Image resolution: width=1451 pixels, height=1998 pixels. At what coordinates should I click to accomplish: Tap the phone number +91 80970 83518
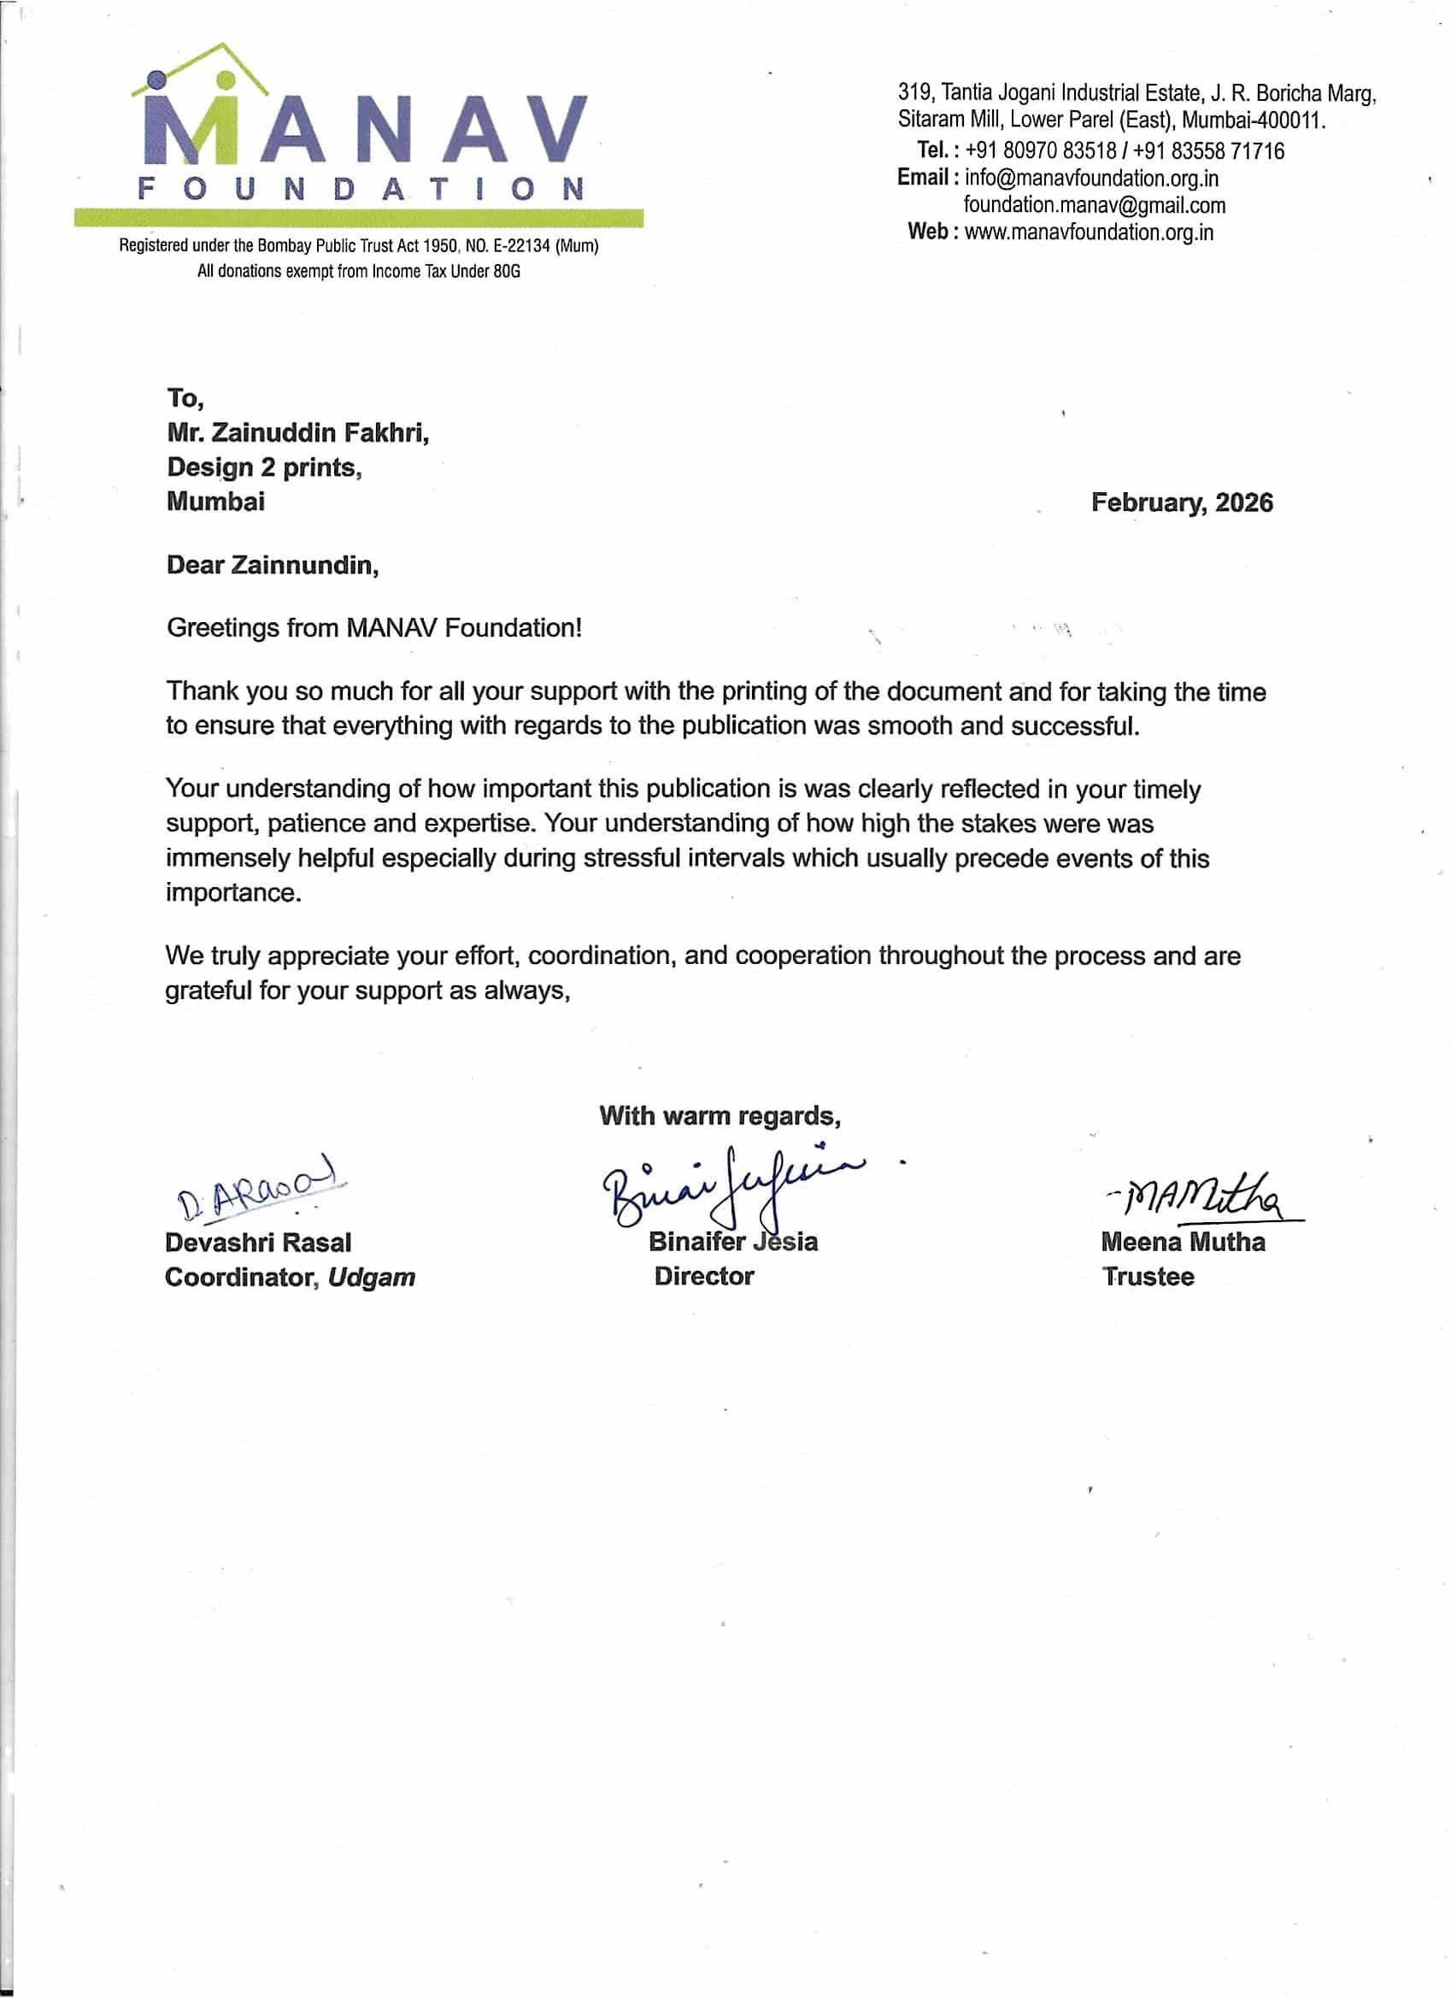1041,151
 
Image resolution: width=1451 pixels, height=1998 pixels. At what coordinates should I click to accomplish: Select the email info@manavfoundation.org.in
1091,179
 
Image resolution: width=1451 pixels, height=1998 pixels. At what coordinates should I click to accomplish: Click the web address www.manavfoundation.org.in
1089,232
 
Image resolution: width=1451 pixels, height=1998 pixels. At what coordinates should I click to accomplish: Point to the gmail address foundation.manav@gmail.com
1094,206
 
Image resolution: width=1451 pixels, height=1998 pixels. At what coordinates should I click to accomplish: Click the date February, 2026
1182,503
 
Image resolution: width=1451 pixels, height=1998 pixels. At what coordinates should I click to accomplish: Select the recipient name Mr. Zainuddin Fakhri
297,433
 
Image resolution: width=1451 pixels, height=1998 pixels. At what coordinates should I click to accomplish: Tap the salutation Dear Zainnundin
273,566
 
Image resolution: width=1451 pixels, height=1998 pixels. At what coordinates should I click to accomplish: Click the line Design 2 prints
264,467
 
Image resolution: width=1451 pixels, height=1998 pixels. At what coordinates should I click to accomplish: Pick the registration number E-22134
514,247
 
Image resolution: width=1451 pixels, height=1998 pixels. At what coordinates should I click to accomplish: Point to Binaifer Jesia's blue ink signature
731,1183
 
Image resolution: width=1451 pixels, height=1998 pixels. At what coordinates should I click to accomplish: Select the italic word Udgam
371,1278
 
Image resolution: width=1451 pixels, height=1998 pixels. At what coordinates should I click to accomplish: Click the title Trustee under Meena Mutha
1148,1278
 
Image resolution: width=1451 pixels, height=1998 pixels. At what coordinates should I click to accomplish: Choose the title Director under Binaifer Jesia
704,1277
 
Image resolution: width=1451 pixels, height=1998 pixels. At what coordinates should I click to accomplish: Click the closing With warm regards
720,1116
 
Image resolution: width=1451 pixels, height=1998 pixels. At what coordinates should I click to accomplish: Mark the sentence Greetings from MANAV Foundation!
374,628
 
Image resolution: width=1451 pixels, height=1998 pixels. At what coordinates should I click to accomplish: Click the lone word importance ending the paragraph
233,893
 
